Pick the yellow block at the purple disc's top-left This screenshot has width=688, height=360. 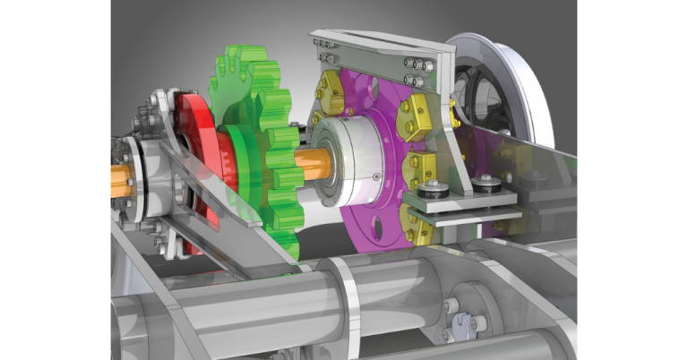click(331, 88)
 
